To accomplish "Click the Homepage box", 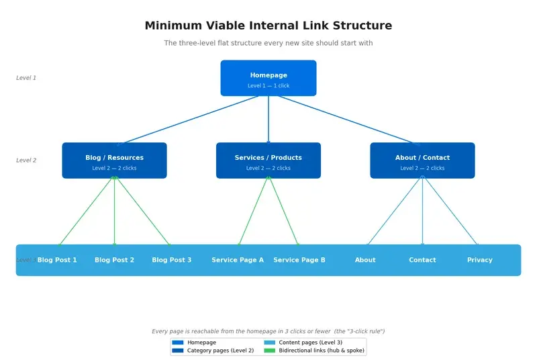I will pyautogui.click(x=268, y=78).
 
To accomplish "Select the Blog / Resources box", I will pyautogui.click(x=114, y=161).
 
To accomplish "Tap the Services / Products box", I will pyautogui.click(x=268, y=161).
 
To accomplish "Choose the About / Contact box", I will pyautogui.click(x=422, y=161).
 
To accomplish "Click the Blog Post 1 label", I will pyautogui.click(x=57, y=260).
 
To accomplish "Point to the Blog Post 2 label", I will pyautogui.click(x=114, y=260).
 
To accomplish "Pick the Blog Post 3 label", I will pyautogui.click(x=171, y=260).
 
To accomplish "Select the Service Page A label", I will pyautogui.click(x=238, y=260).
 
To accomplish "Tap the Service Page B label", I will pyautogui.click(x=299, y=260).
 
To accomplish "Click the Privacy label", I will pyautogui.click(x=480, y=260).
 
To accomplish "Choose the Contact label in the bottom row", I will pyautogui.click(x=422, y=260).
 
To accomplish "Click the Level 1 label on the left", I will pyautogui.click(x=26, y=78).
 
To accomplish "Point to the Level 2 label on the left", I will pyautogui.click(x=26, y=161).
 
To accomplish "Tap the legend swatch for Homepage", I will pyautogui.click(x=178, y=343).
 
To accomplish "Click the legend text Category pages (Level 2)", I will pyautogui.click(x=220, y=351).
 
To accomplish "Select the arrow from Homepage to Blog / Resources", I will pyautogui.click(x=188, y=120).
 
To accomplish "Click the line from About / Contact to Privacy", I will pyautogui.click(x=450, y=211).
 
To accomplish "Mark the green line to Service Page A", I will pyautogui.click(x=254, y=211).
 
